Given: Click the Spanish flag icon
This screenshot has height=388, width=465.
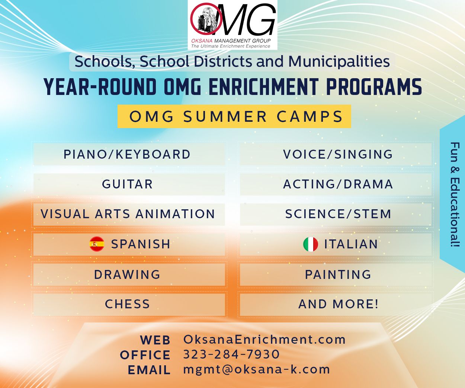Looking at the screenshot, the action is pos(97,244).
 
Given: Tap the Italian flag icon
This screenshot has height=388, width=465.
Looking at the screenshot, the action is pos(311,244).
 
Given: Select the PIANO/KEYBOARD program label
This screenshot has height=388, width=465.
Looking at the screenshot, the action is pos(127,154).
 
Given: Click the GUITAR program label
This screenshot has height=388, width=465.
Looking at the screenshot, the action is pos(127,184).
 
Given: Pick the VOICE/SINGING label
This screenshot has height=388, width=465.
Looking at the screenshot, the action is pos(338,154).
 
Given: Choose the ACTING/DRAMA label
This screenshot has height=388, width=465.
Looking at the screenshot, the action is pos(338,184).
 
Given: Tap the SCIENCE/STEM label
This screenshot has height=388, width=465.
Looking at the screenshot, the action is pos(338,214).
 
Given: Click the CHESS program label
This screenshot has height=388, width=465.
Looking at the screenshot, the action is pos(127,304).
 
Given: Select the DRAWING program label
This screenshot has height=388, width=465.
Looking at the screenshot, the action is pos(127,274).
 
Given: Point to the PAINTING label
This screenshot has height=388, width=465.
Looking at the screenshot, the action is pos(338,274).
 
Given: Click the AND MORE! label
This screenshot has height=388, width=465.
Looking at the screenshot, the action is pos(338,304).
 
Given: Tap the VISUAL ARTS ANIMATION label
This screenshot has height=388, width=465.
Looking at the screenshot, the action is pos(128,214).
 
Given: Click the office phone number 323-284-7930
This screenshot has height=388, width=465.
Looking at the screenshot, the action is pos(231,354).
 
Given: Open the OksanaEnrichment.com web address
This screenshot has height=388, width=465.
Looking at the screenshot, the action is pos(264,339).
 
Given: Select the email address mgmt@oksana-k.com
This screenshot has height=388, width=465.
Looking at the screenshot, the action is pos(257,369).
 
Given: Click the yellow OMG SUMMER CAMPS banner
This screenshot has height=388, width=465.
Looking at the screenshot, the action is pos(234,117).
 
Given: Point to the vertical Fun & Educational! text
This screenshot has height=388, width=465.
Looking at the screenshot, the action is pos(455,194).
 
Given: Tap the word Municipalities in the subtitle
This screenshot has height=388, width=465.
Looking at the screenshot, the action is pos(339,61).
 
